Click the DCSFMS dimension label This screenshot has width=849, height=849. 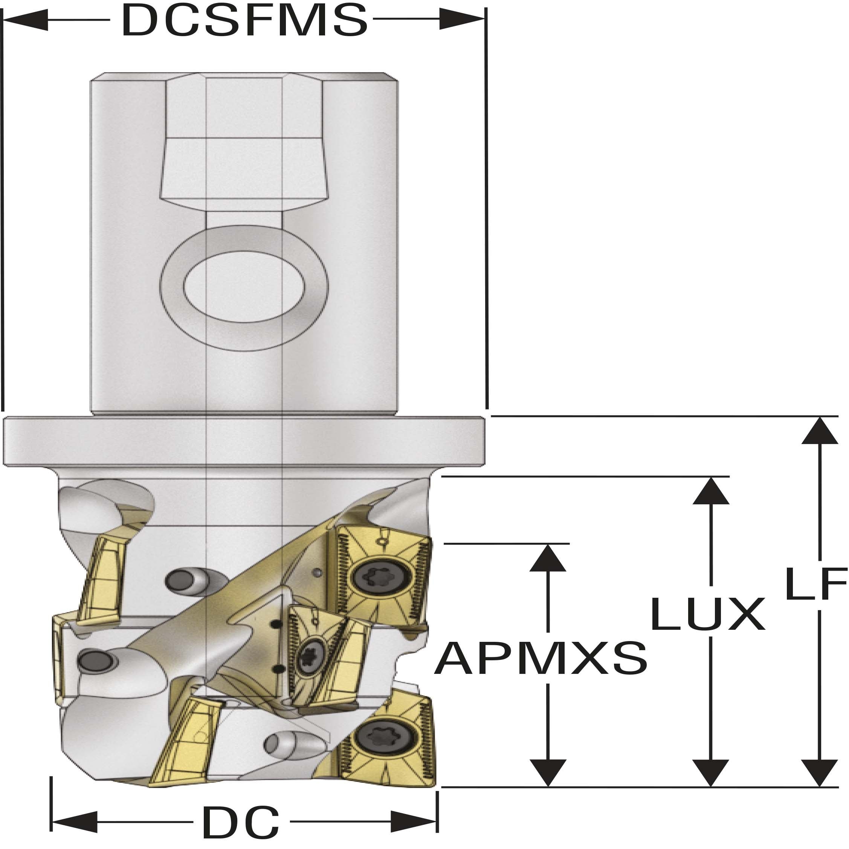point(244,20)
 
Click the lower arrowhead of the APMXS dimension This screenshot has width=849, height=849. point(548,772)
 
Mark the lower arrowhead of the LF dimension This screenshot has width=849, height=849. point(820,772)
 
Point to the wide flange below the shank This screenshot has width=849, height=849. point(244,441)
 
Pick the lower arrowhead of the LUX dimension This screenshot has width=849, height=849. point(710,772)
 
